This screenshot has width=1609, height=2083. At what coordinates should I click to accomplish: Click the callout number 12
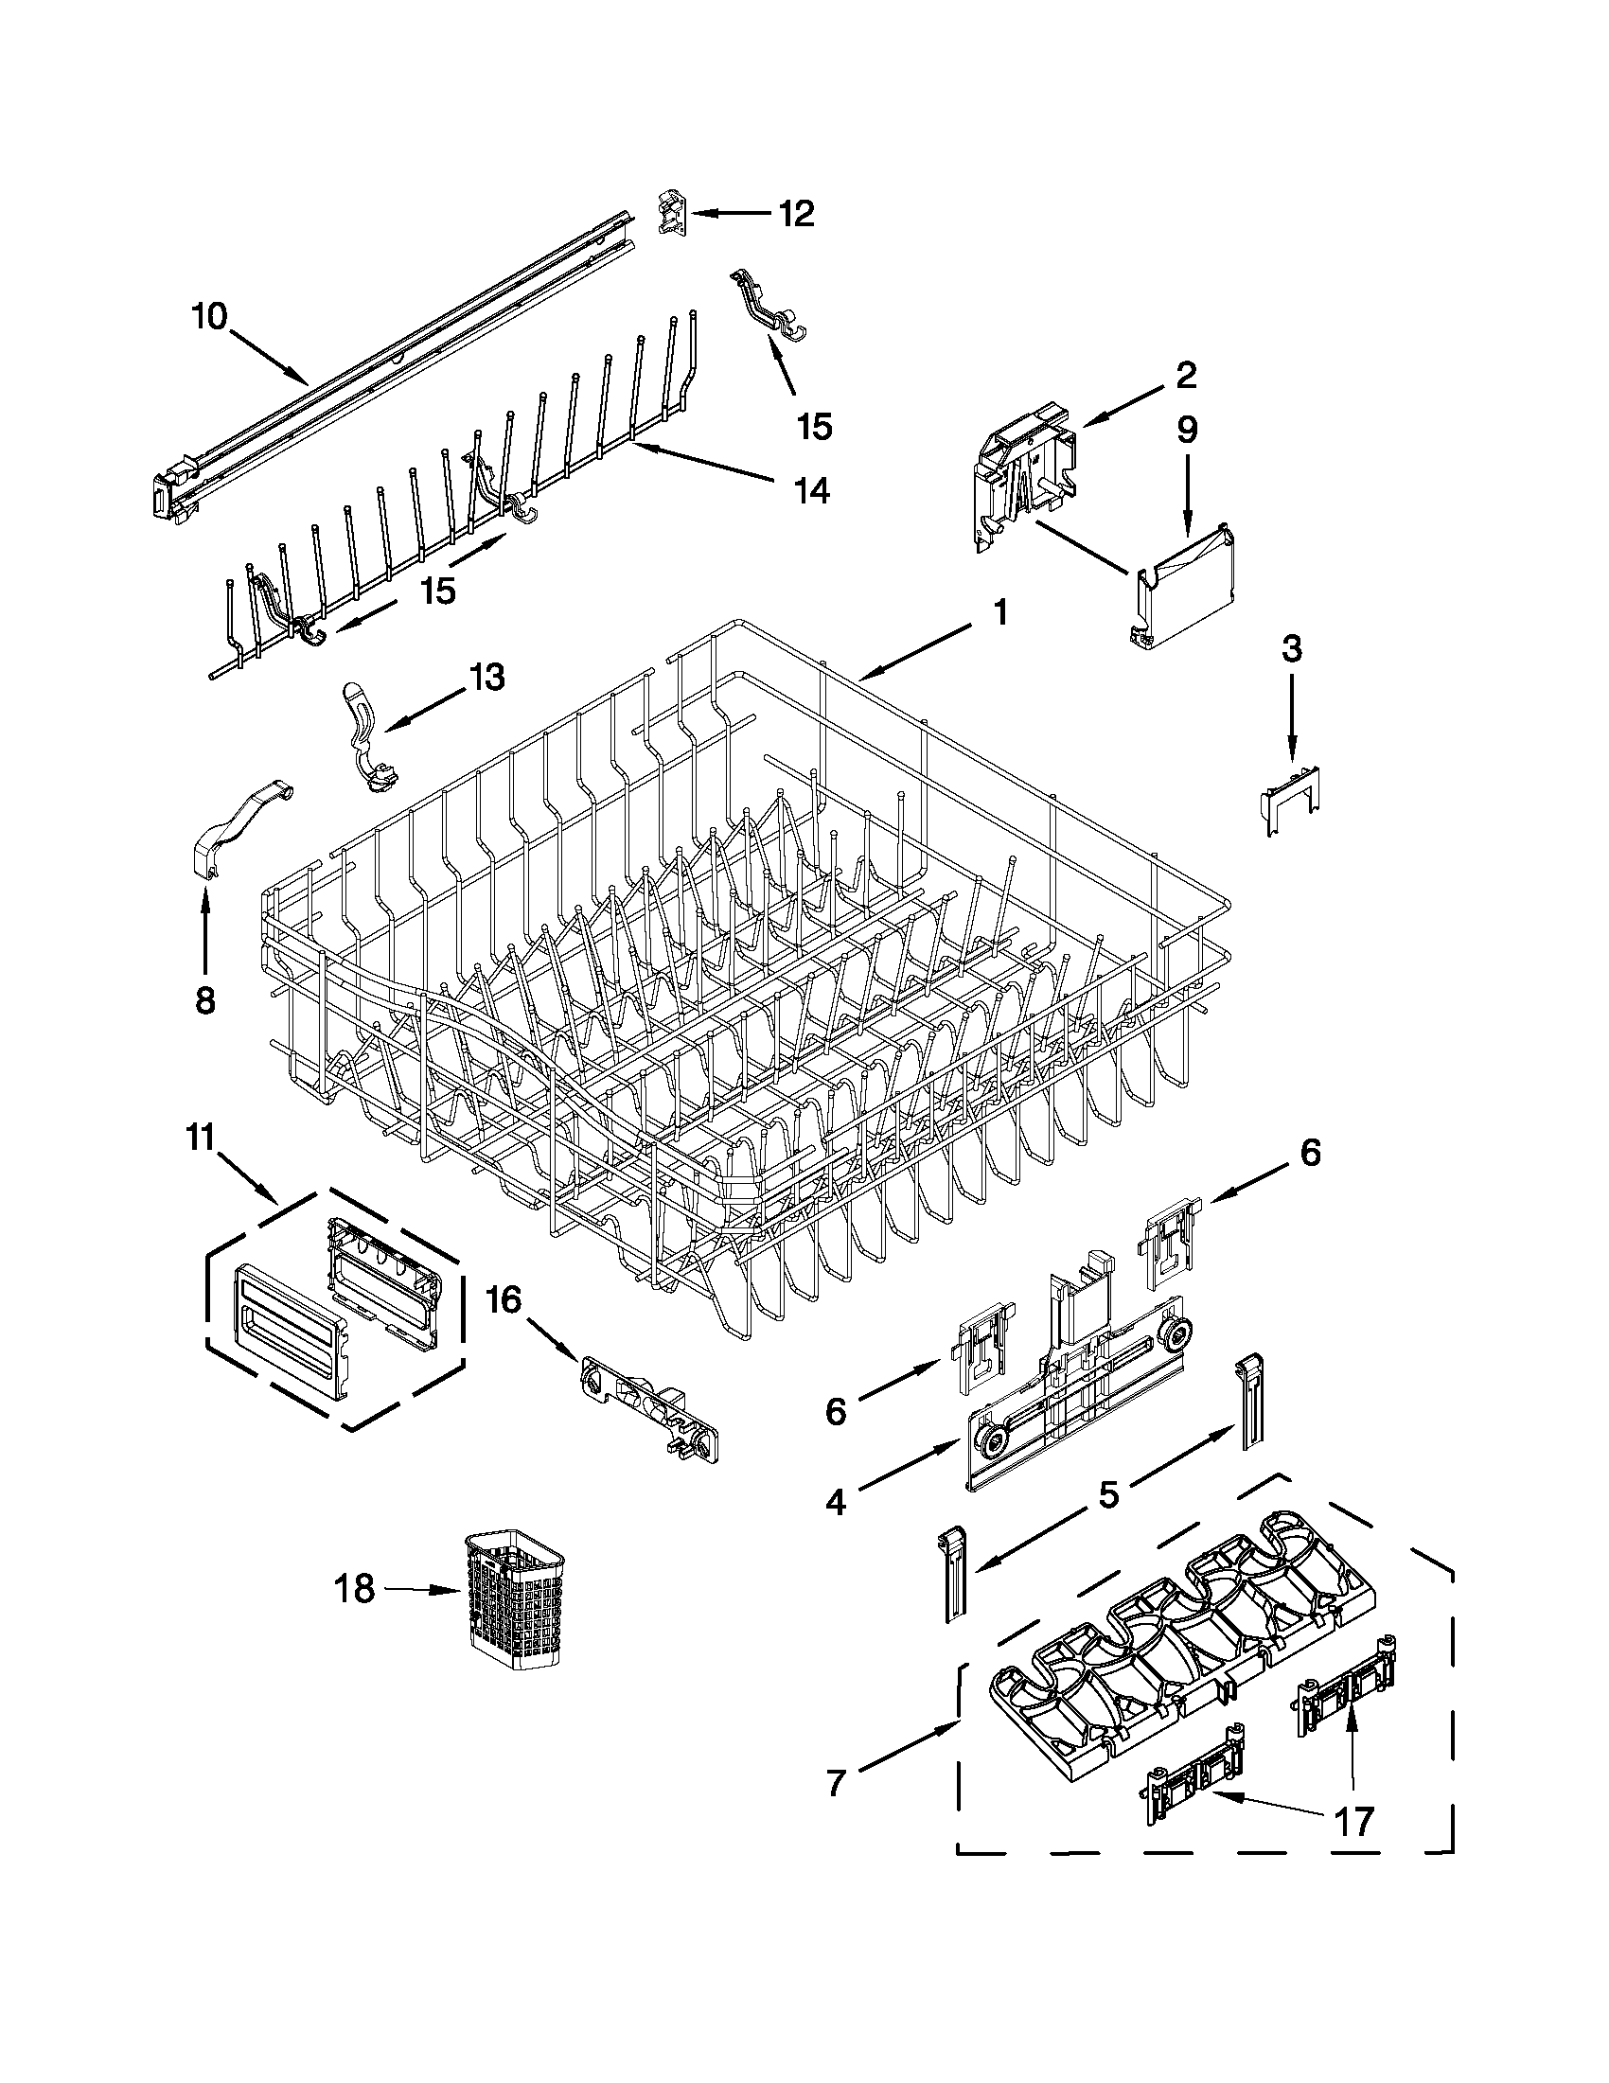794,214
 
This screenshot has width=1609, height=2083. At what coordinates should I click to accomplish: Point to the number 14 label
812,490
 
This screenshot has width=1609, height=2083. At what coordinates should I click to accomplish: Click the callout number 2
1185,375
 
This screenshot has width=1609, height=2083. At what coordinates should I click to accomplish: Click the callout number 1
999,611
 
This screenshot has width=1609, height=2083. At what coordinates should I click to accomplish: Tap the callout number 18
354,1589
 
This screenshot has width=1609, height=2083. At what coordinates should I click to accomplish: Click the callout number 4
835,1503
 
